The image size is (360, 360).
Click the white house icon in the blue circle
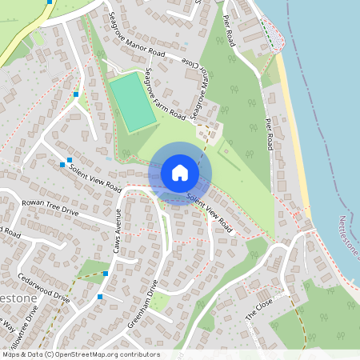[180, 173]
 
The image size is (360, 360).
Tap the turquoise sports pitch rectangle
[132, 102]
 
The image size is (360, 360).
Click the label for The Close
[259, 306]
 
